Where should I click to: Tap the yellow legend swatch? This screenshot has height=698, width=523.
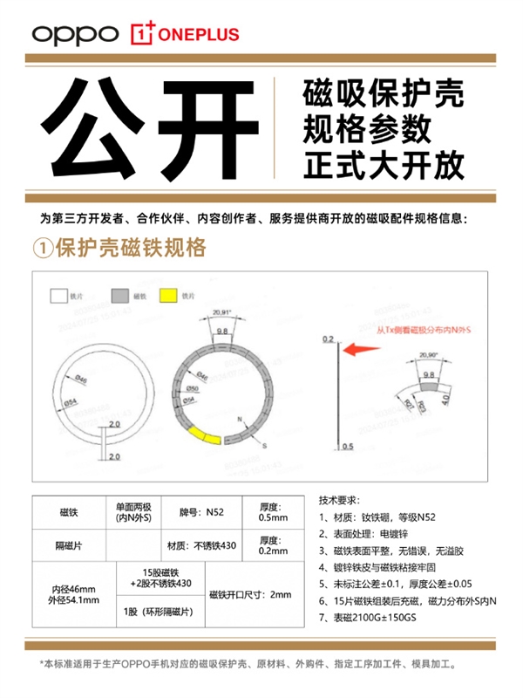tap(166, 296)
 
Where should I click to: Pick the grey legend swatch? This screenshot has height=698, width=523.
tap(119, 296)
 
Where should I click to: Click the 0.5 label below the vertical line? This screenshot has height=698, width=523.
tap(347, 447)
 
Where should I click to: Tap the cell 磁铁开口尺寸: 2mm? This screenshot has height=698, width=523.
tap(251, 595)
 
